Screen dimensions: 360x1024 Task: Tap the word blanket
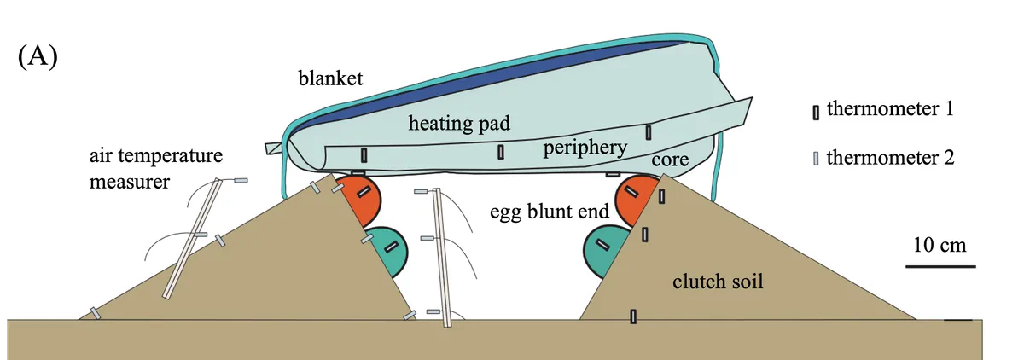[331, 79]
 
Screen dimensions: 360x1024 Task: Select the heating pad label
[459, 124]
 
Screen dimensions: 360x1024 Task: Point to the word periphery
[585, 148]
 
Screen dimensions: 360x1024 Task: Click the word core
[670, 160]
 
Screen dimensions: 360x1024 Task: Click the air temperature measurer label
[155, 169]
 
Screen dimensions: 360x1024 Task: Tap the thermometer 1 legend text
[888, 110]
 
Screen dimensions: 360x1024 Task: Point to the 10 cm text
[939, 246]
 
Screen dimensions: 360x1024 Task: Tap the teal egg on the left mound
[388, 249]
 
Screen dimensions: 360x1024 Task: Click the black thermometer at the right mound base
[632, 317]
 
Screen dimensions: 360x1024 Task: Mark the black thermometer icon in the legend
[816, 112]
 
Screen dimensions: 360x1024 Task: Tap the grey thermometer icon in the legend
[816, 159]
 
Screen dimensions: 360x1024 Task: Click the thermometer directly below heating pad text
[502, 153]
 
